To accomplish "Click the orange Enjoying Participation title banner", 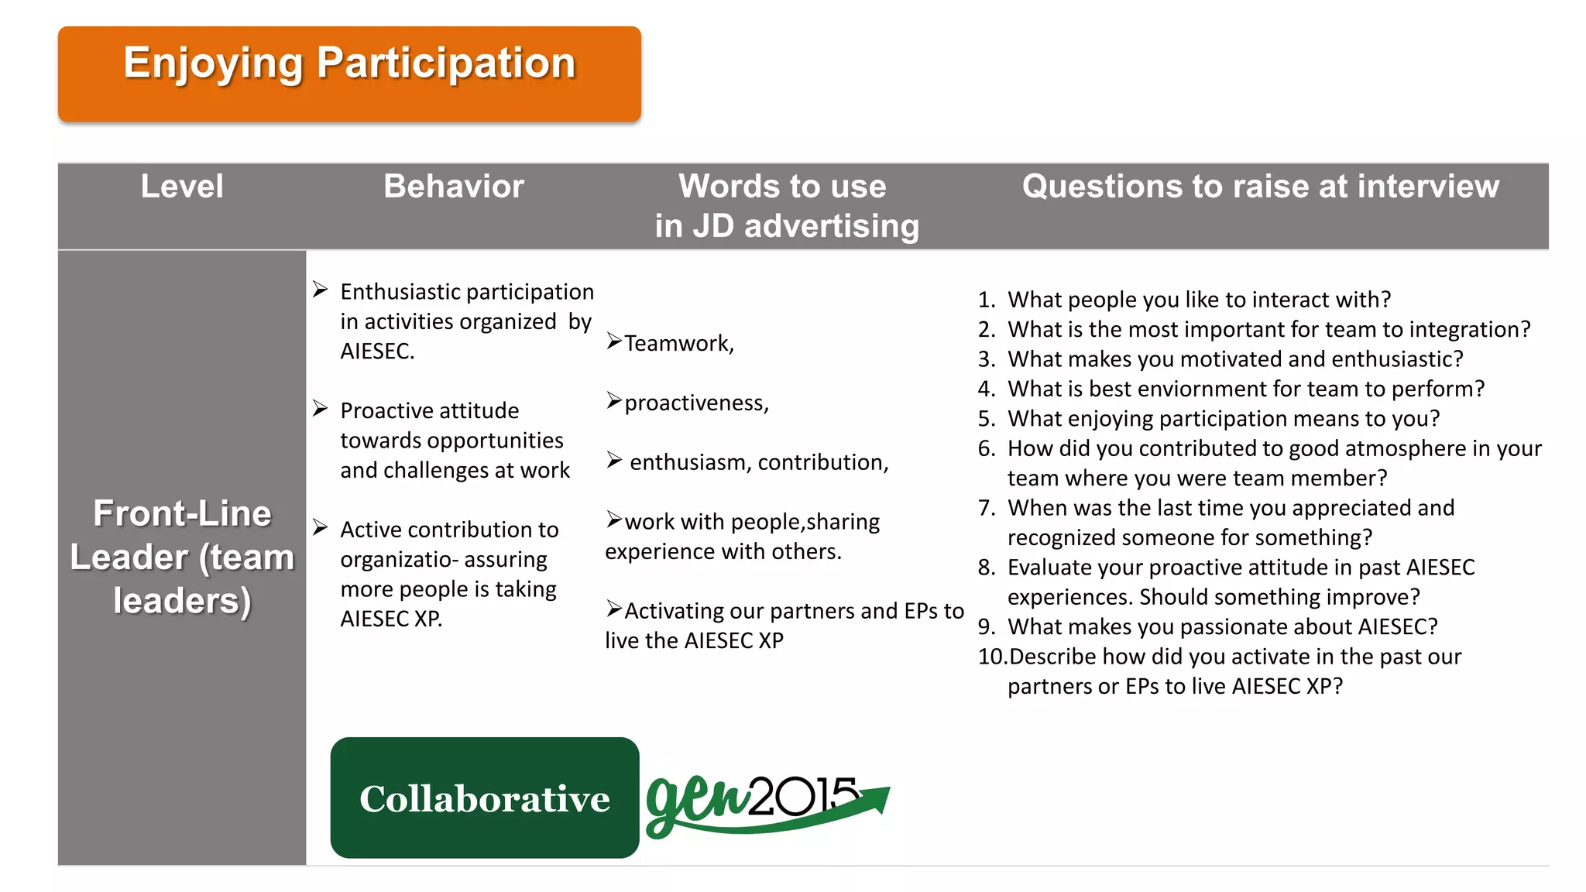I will pyautogui.click(x=349, y=74).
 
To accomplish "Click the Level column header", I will pyautogui.click(x=182, y=187).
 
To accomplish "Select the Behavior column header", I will pyautogui.click(x=454, y=187).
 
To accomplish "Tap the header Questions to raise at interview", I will pyautogui.click(x=1260, y=187).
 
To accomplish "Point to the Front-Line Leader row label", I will pyautogui.click(x=182, y=557).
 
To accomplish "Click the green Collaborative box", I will pyautogui.click(x=485, y=798).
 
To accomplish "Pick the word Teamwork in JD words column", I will pyautogui.click(x=678, y=343).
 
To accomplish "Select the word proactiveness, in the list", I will pyautogui.click(x=696, y=403).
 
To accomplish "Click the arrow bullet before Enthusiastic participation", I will pyautogui.click(x=321, y=290).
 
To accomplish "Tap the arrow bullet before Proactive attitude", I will pyautogui.click(x=321, y=408).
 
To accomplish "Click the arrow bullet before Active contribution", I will pyautogui.click(x=321, y=527).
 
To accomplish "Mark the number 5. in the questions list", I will pyautogui.click(x=986, y=419).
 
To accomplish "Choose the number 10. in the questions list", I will pyautogui.click(x=992, y=657).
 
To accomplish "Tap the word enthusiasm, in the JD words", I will pyautogui.click(x=691, y=462).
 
